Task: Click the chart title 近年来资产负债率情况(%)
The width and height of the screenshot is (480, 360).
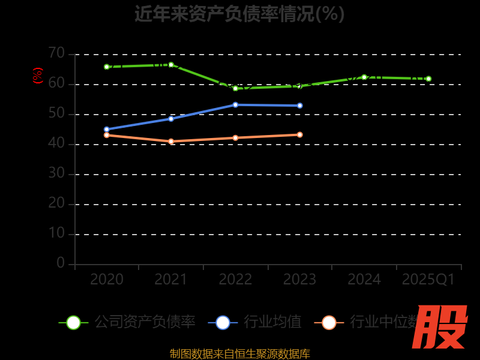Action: click(239, 14)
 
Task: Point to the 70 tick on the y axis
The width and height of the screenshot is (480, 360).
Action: click(56, 53)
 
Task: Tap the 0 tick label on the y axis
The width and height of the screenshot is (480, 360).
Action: click(61, 263)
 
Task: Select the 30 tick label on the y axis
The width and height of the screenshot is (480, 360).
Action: click(56, 173)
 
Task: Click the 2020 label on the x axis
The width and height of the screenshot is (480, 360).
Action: click(107, 280)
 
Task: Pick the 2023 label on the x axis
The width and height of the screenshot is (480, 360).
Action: click(299, 280)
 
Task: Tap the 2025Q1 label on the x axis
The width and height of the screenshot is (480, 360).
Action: click(428, 280)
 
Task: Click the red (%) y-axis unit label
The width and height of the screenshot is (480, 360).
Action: click(38, 76)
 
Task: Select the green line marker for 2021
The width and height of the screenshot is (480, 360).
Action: click(171, 65)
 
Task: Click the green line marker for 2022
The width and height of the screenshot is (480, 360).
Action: click(235, 88)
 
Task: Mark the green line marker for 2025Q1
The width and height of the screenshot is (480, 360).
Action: click(428, 79)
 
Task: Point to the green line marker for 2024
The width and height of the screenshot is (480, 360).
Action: click(364, 77)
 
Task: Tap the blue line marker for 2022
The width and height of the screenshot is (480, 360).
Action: click(235, 104)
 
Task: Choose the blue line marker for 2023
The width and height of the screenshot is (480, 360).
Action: click(300, 106)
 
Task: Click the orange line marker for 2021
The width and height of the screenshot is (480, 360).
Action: click(171, 142)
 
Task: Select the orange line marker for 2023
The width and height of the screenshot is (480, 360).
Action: click(300, 134)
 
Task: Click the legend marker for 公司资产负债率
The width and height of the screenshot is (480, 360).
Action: click(73, 322)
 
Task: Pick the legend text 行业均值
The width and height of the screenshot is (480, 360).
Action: click(272, 322)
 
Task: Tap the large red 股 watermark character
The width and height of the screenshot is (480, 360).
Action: click(439, 327)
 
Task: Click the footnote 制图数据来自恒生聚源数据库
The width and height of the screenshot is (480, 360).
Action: click(239, 353)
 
